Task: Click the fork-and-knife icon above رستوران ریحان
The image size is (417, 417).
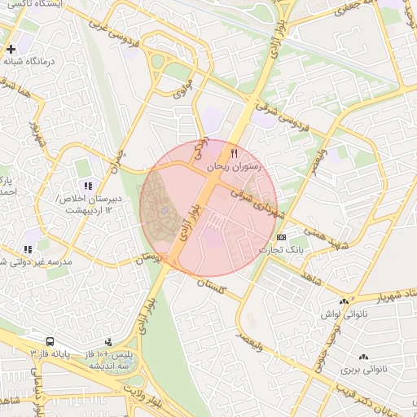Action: [235, 152]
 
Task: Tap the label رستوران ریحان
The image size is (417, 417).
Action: [235, 165]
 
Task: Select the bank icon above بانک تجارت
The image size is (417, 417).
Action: [281, 236]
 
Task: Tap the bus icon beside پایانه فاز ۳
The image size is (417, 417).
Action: [50, 342]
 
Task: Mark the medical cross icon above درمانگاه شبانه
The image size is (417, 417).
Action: [11, 50]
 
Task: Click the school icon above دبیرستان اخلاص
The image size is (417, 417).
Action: [88, 187]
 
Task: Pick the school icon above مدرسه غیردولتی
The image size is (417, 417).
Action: [28, 249]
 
